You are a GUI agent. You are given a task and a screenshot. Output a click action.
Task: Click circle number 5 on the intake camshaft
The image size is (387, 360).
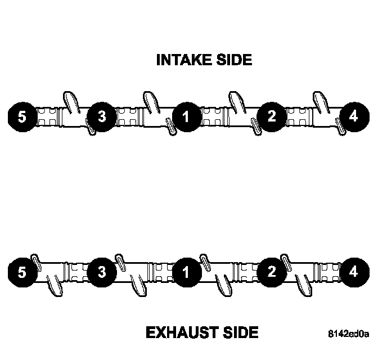coord(22,117)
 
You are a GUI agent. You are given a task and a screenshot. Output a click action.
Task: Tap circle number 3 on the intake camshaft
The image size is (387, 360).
coord(102,117)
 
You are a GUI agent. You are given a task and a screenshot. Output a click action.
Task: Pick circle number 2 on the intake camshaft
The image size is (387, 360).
coord(272,117)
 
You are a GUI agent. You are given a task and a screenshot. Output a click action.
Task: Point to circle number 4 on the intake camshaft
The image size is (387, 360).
coord(353,117)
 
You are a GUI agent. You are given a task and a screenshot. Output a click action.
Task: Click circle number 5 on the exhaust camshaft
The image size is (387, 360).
coord(22,273)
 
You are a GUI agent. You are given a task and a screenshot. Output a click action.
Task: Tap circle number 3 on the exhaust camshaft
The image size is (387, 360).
coord(102,273)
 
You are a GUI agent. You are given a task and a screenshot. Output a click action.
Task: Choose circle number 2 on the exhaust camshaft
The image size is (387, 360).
coord(272,273)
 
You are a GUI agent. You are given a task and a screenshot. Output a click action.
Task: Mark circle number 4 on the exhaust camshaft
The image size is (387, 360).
coord(353,273)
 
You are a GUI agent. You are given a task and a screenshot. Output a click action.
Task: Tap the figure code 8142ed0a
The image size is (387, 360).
coord(349,335)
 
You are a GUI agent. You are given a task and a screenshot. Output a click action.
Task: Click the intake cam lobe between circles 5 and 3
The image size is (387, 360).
coord(71,101)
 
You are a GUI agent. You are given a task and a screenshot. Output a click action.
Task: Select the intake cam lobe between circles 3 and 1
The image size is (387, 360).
coord(151,101)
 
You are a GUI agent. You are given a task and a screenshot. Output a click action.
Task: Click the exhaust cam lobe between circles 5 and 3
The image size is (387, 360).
coord(54,287)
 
